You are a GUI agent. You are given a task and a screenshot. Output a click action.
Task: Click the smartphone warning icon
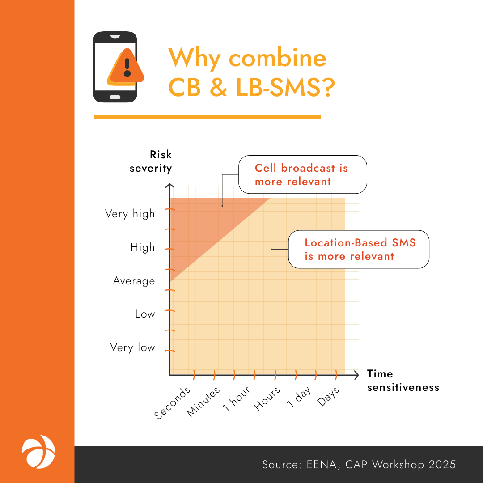[115, 67]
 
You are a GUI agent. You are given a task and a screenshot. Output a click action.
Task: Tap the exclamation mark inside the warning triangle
[127, 68]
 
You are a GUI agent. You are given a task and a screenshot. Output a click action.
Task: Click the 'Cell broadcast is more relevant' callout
[302, 174]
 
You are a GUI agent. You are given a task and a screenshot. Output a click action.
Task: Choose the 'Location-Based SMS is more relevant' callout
[359, 249]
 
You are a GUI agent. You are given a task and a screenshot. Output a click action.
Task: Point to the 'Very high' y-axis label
[130, 214]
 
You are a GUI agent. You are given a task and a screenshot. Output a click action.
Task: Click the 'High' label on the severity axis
[143, 247]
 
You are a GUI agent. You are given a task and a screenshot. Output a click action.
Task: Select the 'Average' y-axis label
[134, 281]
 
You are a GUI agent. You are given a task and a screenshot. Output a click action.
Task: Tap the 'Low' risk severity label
[145, 314]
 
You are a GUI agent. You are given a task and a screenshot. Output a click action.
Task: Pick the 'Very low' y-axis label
[132, 347]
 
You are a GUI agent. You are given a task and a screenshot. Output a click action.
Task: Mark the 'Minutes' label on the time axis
[203, 402]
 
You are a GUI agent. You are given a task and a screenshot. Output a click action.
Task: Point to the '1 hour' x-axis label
[237, 399]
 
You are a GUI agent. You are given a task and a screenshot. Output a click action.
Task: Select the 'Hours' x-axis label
[267, 398]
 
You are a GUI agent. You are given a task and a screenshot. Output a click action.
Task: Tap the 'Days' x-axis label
[328, 396]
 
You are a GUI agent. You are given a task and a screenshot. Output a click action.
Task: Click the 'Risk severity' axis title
[151, 161]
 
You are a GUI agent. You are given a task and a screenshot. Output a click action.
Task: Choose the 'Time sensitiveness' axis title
[403, 381]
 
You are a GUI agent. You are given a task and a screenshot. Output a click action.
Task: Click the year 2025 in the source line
[442, 465]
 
